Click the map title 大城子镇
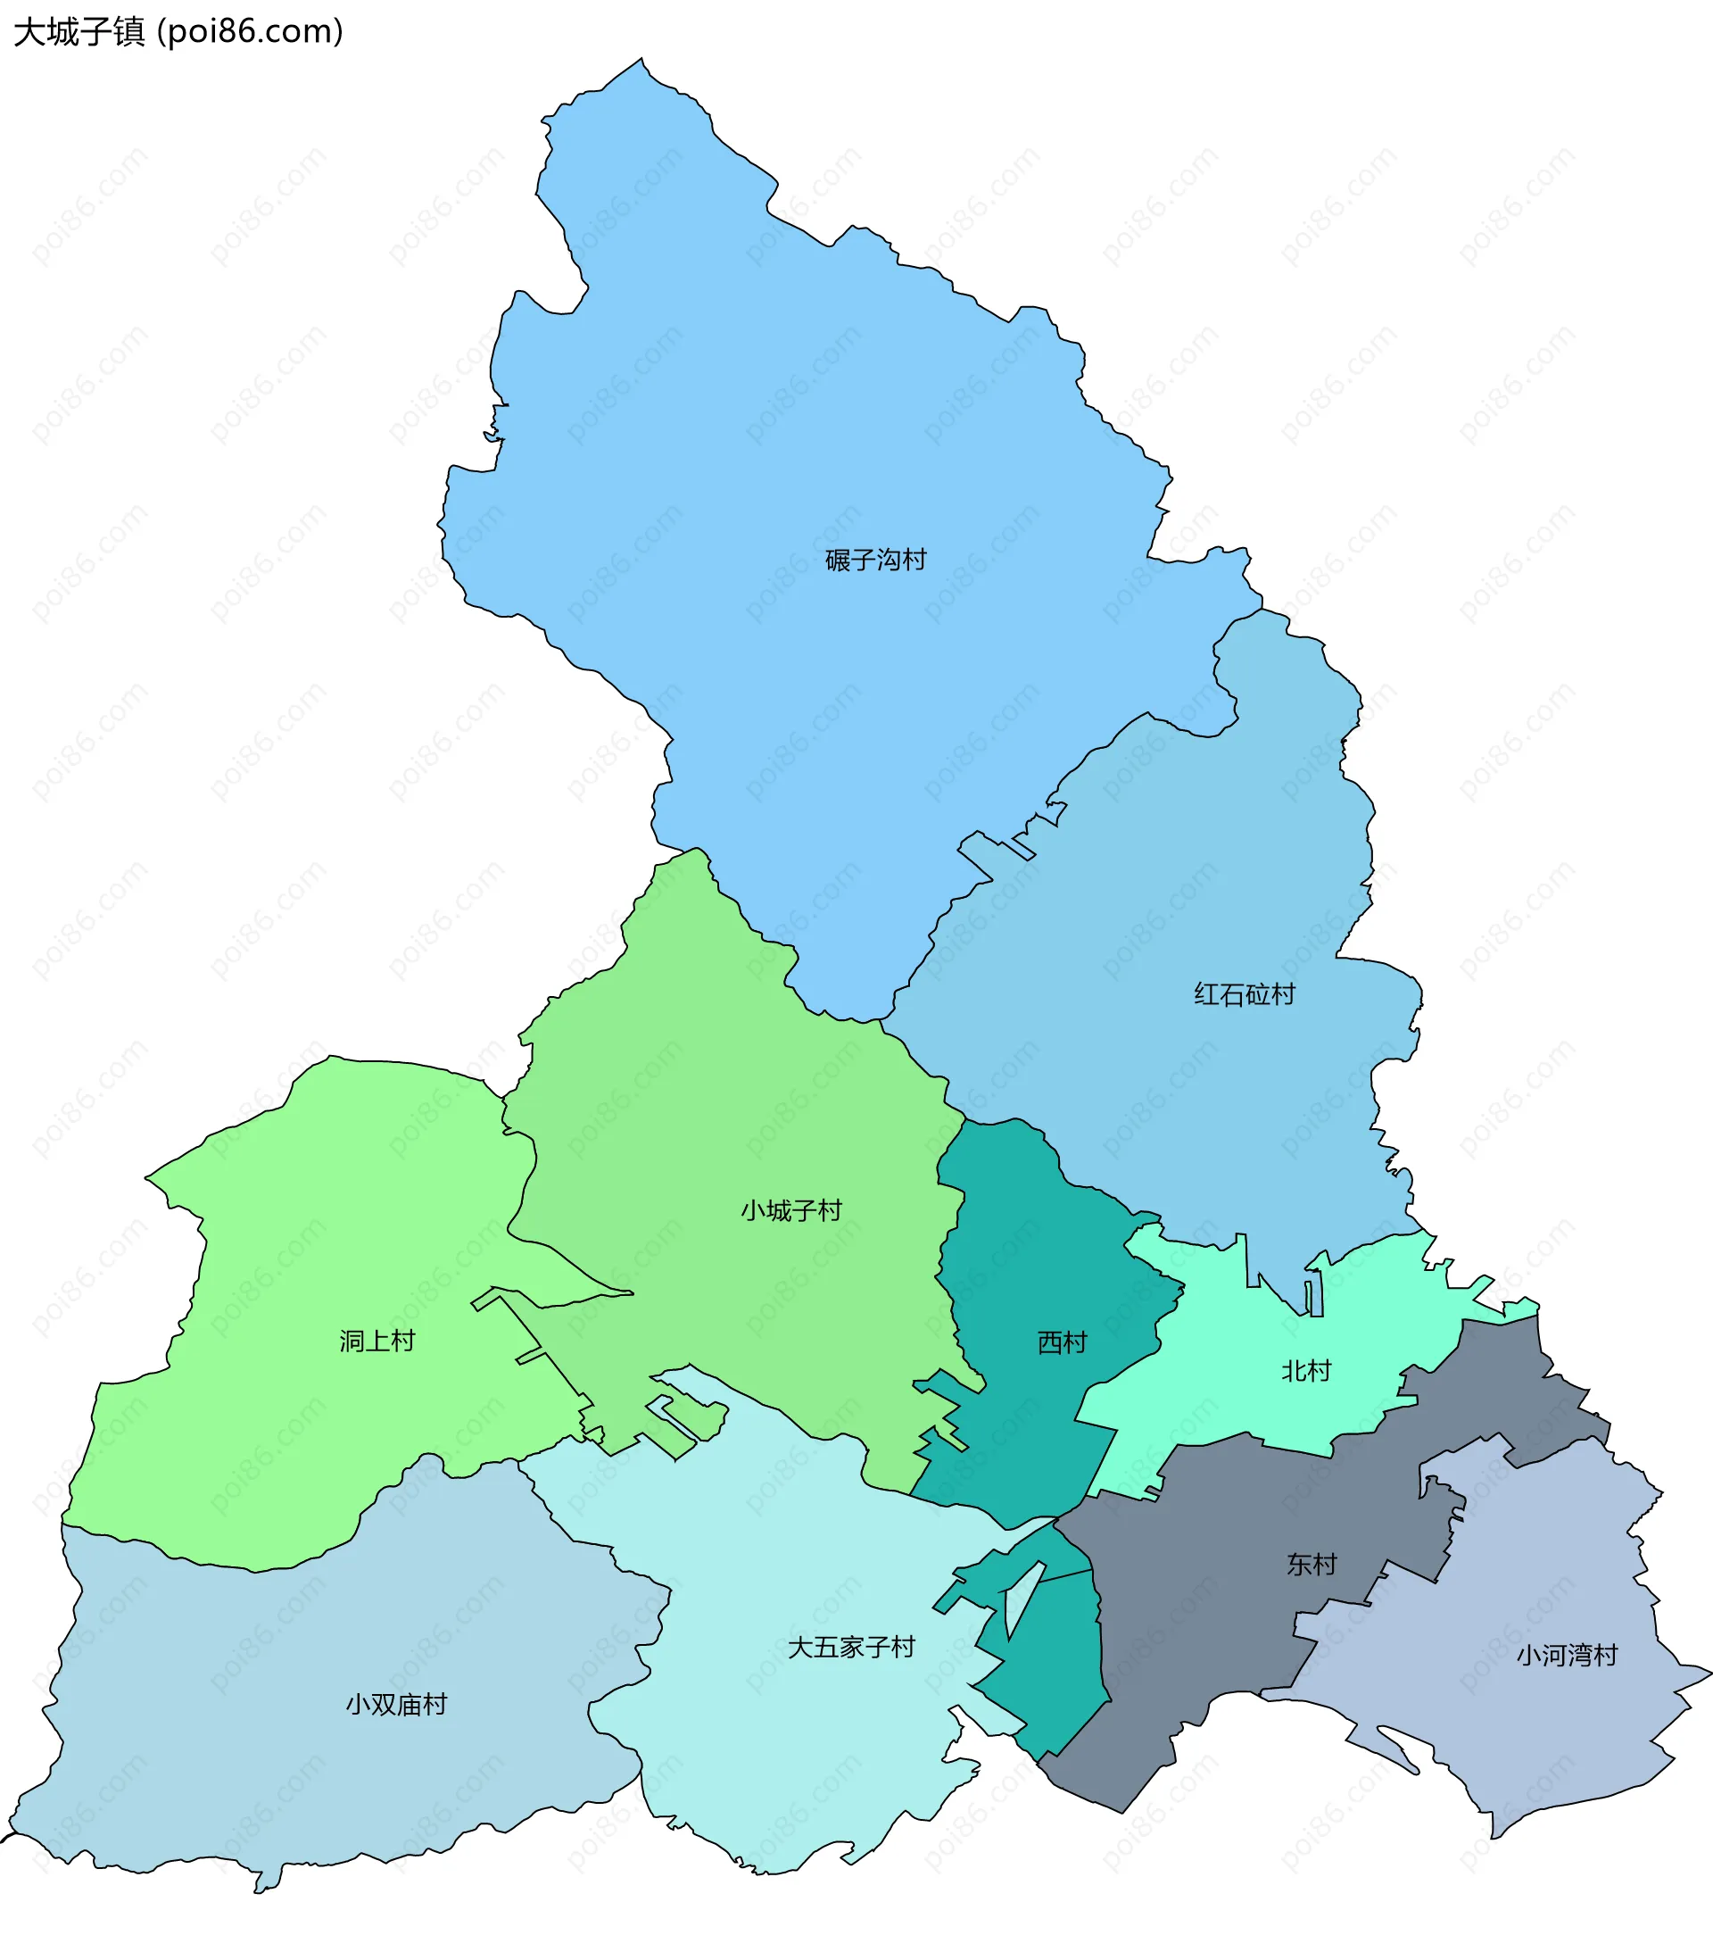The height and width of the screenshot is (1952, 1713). [x=79, y=32]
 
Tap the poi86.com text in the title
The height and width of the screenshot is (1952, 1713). [x=249, y=32]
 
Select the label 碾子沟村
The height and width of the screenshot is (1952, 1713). [x=874, y=560]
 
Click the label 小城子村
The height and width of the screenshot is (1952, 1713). [x=790, y=1211]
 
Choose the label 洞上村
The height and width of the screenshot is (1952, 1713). [x=377, y=1341]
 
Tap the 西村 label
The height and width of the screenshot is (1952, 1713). [x=1062, y=1342]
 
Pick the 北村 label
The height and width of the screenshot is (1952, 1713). [x=1305, y=1371]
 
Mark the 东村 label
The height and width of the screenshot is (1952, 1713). [x=1311, y=1565]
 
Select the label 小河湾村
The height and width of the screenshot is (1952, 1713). [x=1567, y=1655]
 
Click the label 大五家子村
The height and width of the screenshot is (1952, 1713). [x=851, y=1647]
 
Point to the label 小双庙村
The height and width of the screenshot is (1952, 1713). [x=396, y=1704]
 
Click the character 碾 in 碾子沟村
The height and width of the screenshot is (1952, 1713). [x=838, y=560]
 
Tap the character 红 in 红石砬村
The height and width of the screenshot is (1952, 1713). [x=1206, y=994]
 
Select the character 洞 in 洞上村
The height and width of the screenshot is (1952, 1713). [x=352, y=1341]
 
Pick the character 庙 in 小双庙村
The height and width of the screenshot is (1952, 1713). [x=410, y=1704]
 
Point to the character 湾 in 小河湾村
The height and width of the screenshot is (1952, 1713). [x=1580, y=1655]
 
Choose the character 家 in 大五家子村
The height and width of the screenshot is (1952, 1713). [x=851, y=1647]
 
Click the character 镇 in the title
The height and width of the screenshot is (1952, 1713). [x=128, y=32]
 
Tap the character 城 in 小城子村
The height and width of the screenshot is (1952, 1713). [x=778, y=1211]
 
